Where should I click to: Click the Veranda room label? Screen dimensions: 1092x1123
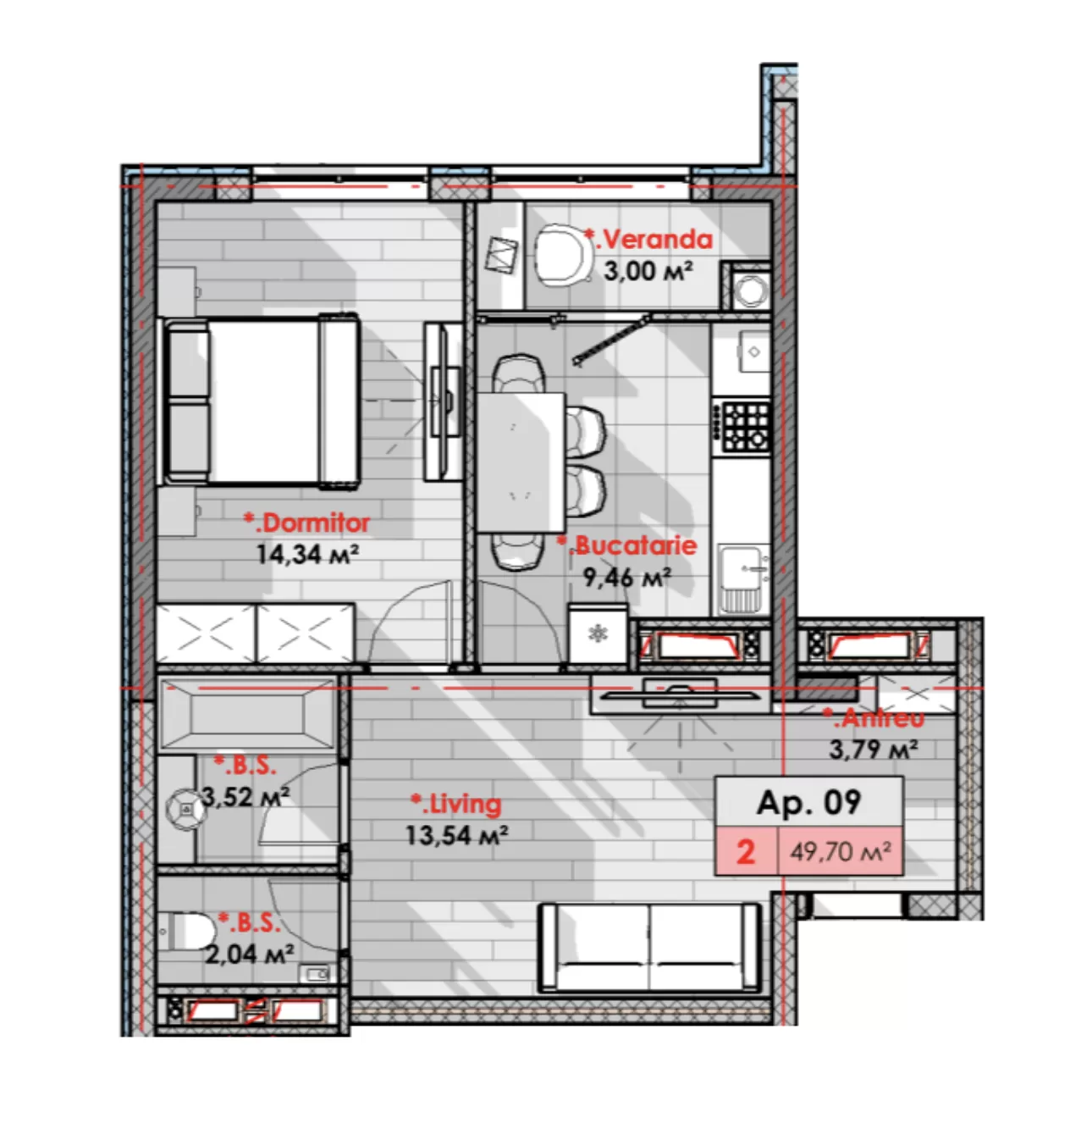pos(648,240)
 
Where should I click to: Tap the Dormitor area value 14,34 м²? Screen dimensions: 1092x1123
pos(307,555)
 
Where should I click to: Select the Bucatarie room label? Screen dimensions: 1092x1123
pos(626,545)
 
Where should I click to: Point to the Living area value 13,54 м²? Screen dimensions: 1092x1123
pos(456,836)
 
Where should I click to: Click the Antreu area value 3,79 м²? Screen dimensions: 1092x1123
pos(874,749)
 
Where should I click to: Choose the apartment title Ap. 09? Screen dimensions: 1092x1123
pos(808,802)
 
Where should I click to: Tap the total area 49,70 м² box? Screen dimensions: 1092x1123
pos(841,852)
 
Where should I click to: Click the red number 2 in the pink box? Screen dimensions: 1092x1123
pos(746,852)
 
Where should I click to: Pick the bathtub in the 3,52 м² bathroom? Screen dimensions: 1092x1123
pos(247,715)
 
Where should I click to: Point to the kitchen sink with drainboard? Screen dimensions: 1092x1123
pos(743,578)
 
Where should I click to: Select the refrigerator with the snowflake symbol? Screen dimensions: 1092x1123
pos(598,633)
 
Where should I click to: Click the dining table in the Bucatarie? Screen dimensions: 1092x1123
pos(521,462)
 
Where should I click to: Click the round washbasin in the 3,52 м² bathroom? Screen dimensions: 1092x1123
pos(185,809)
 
